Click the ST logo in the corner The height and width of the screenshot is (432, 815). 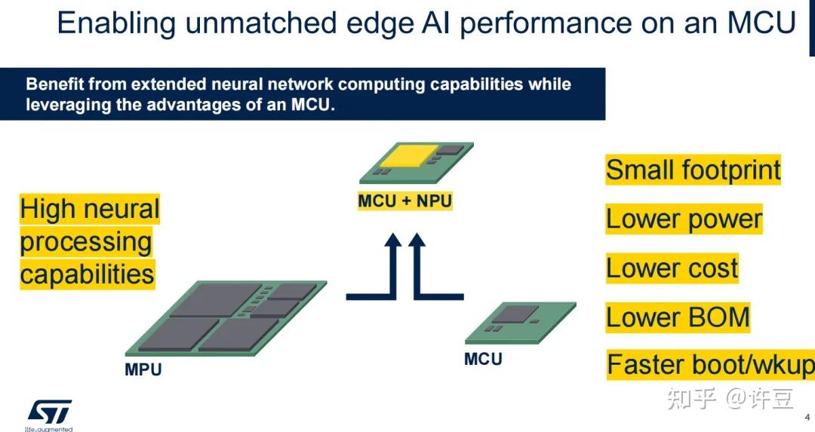(50, 412)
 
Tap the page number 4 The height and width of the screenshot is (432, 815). (807, 415)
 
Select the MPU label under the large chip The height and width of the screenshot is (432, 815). (143, 370)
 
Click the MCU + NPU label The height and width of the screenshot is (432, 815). (404, 201)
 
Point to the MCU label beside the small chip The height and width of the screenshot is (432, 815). (483, 359)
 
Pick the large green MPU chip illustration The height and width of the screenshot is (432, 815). (226, 317)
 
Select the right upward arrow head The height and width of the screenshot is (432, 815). (417, 242)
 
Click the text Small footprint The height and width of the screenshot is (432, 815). (693, 170)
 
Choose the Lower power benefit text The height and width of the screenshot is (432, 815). (684, 219)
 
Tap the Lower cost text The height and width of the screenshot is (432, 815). (672, 268)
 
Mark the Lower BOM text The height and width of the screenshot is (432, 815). (678, 317)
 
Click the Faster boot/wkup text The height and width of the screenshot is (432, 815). (710, 366)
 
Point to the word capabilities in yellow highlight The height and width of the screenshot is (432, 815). (87, 274)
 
